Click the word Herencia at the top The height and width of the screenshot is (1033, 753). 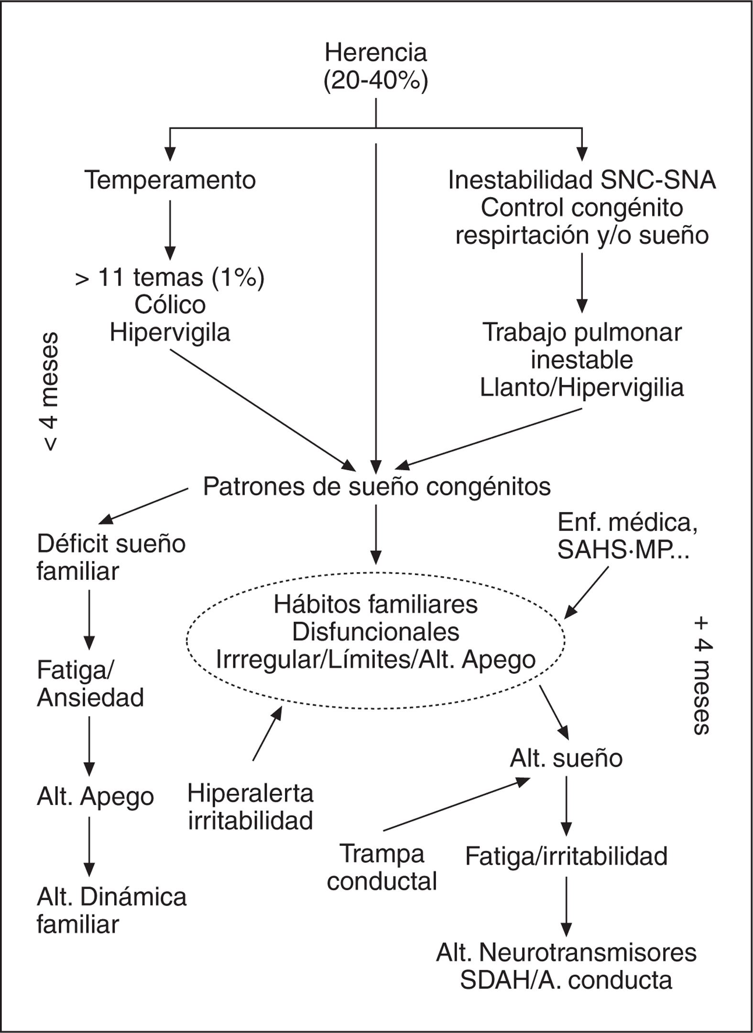375,52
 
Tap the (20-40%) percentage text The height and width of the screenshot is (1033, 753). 375,81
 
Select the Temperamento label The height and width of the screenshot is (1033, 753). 170,180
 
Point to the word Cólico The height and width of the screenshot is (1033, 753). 170,305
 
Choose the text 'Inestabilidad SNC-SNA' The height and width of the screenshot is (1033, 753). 581,180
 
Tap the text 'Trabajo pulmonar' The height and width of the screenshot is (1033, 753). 582,333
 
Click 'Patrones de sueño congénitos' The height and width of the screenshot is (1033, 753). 377,487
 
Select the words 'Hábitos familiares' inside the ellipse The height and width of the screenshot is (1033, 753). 375,604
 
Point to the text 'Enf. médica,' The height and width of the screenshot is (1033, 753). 627,523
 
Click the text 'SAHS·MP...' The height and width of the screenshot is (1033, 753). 623,551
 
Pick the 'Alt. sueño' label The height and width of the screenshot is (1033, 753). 566,758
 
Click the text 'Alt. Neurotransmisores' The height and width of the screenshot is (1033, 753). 566,953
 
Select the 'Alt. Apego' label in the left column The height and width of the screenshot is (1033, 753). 95,797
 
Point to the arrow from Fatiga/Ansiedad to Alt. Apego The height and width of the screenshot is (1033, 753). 89,746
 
